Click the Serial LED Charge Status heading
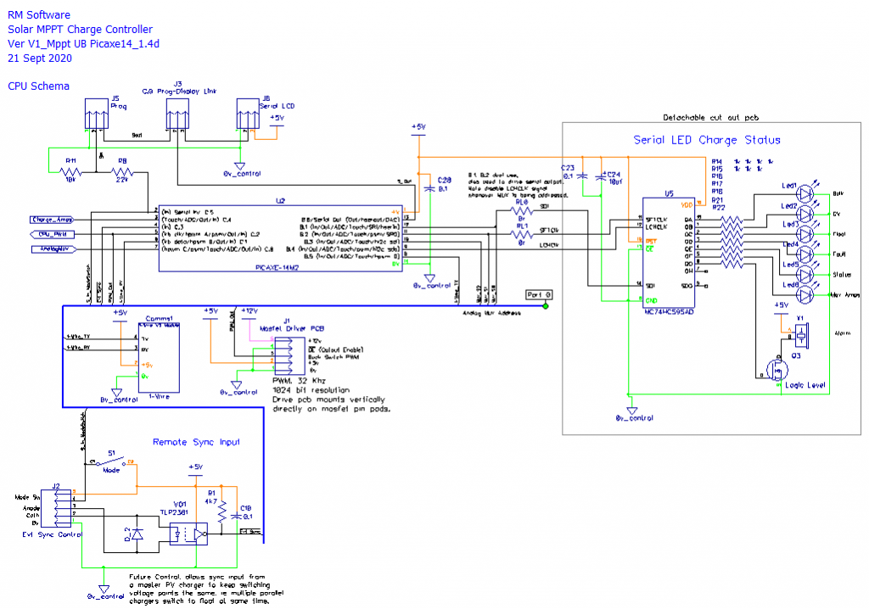tap(707, 140)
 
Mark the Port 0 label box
tap(538, 294)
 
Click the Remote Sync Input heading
tap(196, 441)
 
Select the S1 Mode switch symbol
tap(109, 462)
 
